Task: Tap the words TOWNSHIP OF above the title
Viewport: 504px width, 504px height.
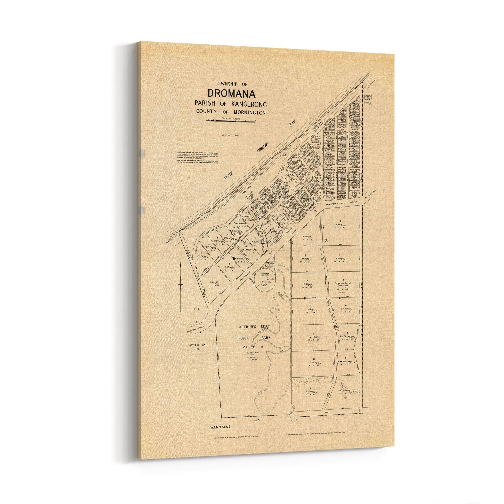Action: (x=229, y=84)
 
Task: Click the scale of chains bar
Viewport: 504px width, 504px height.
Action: (x=230, y=121)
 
